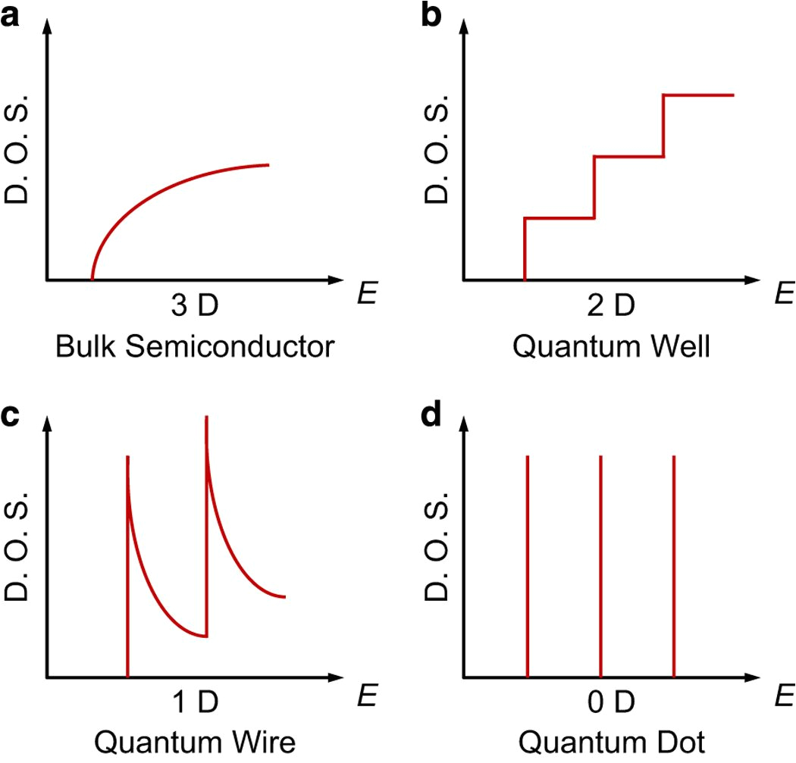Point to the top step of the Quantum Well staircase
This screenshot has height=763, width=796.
(698, 95)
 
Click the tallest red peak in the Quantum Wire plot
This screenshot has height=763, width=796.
(206, 424)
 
